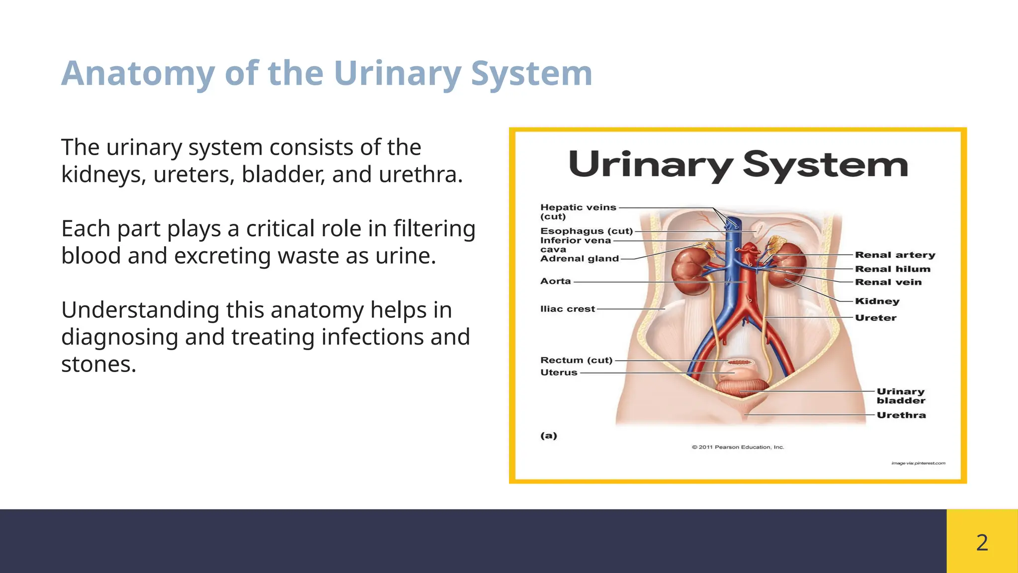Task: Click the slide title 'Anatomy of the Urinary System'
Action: click(327, 74)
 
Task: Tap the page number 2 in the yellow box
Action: click(982, 542)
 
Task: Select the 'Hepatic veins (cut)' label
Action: click(578, 212)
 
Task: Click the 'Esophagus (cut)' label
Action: click(587, 231)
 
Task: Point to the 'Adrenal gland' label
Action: click(580, 259)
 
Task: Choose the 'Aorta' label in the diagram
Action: click(556, 282)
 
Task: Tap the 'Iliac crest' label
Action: click(568, 309)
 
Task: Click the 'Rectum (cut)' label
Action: click(577, 360)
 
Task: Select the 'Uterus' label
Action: click(559, 373)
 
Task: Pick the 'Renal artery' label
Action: click(895, 255)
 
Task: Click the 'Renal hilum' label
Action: click(892, 269)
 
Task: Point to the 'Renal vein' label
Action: click(888, 283)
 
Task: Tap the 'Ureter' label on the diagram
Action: click(876, 318)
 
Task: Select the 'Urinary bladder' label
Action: click(901, 396)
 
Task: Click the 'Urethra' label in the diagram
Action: click(901, 415)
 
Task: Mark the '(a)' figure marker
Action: click(549, 436)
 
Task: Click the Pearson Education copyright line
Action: click(738, 447)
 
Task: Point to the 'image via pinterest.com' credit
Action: click(918, 464)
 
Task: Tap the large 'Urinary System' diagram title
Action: click(738, 165)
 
